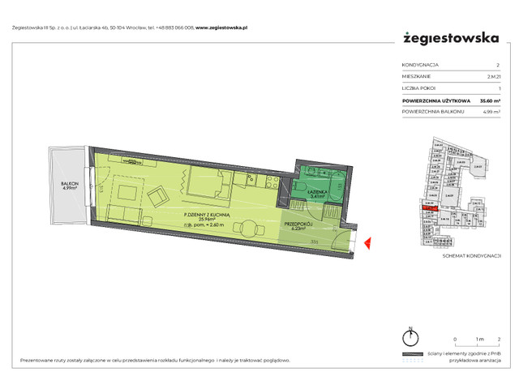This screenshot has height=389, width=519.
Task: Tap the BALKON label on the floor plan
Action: [x=70, y=184]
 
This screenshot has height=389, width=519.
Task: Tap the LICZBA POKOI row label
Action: [x=418, y=88]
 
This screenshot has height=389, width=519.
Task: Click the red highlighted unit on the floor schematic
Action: [x=427, y=208]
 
